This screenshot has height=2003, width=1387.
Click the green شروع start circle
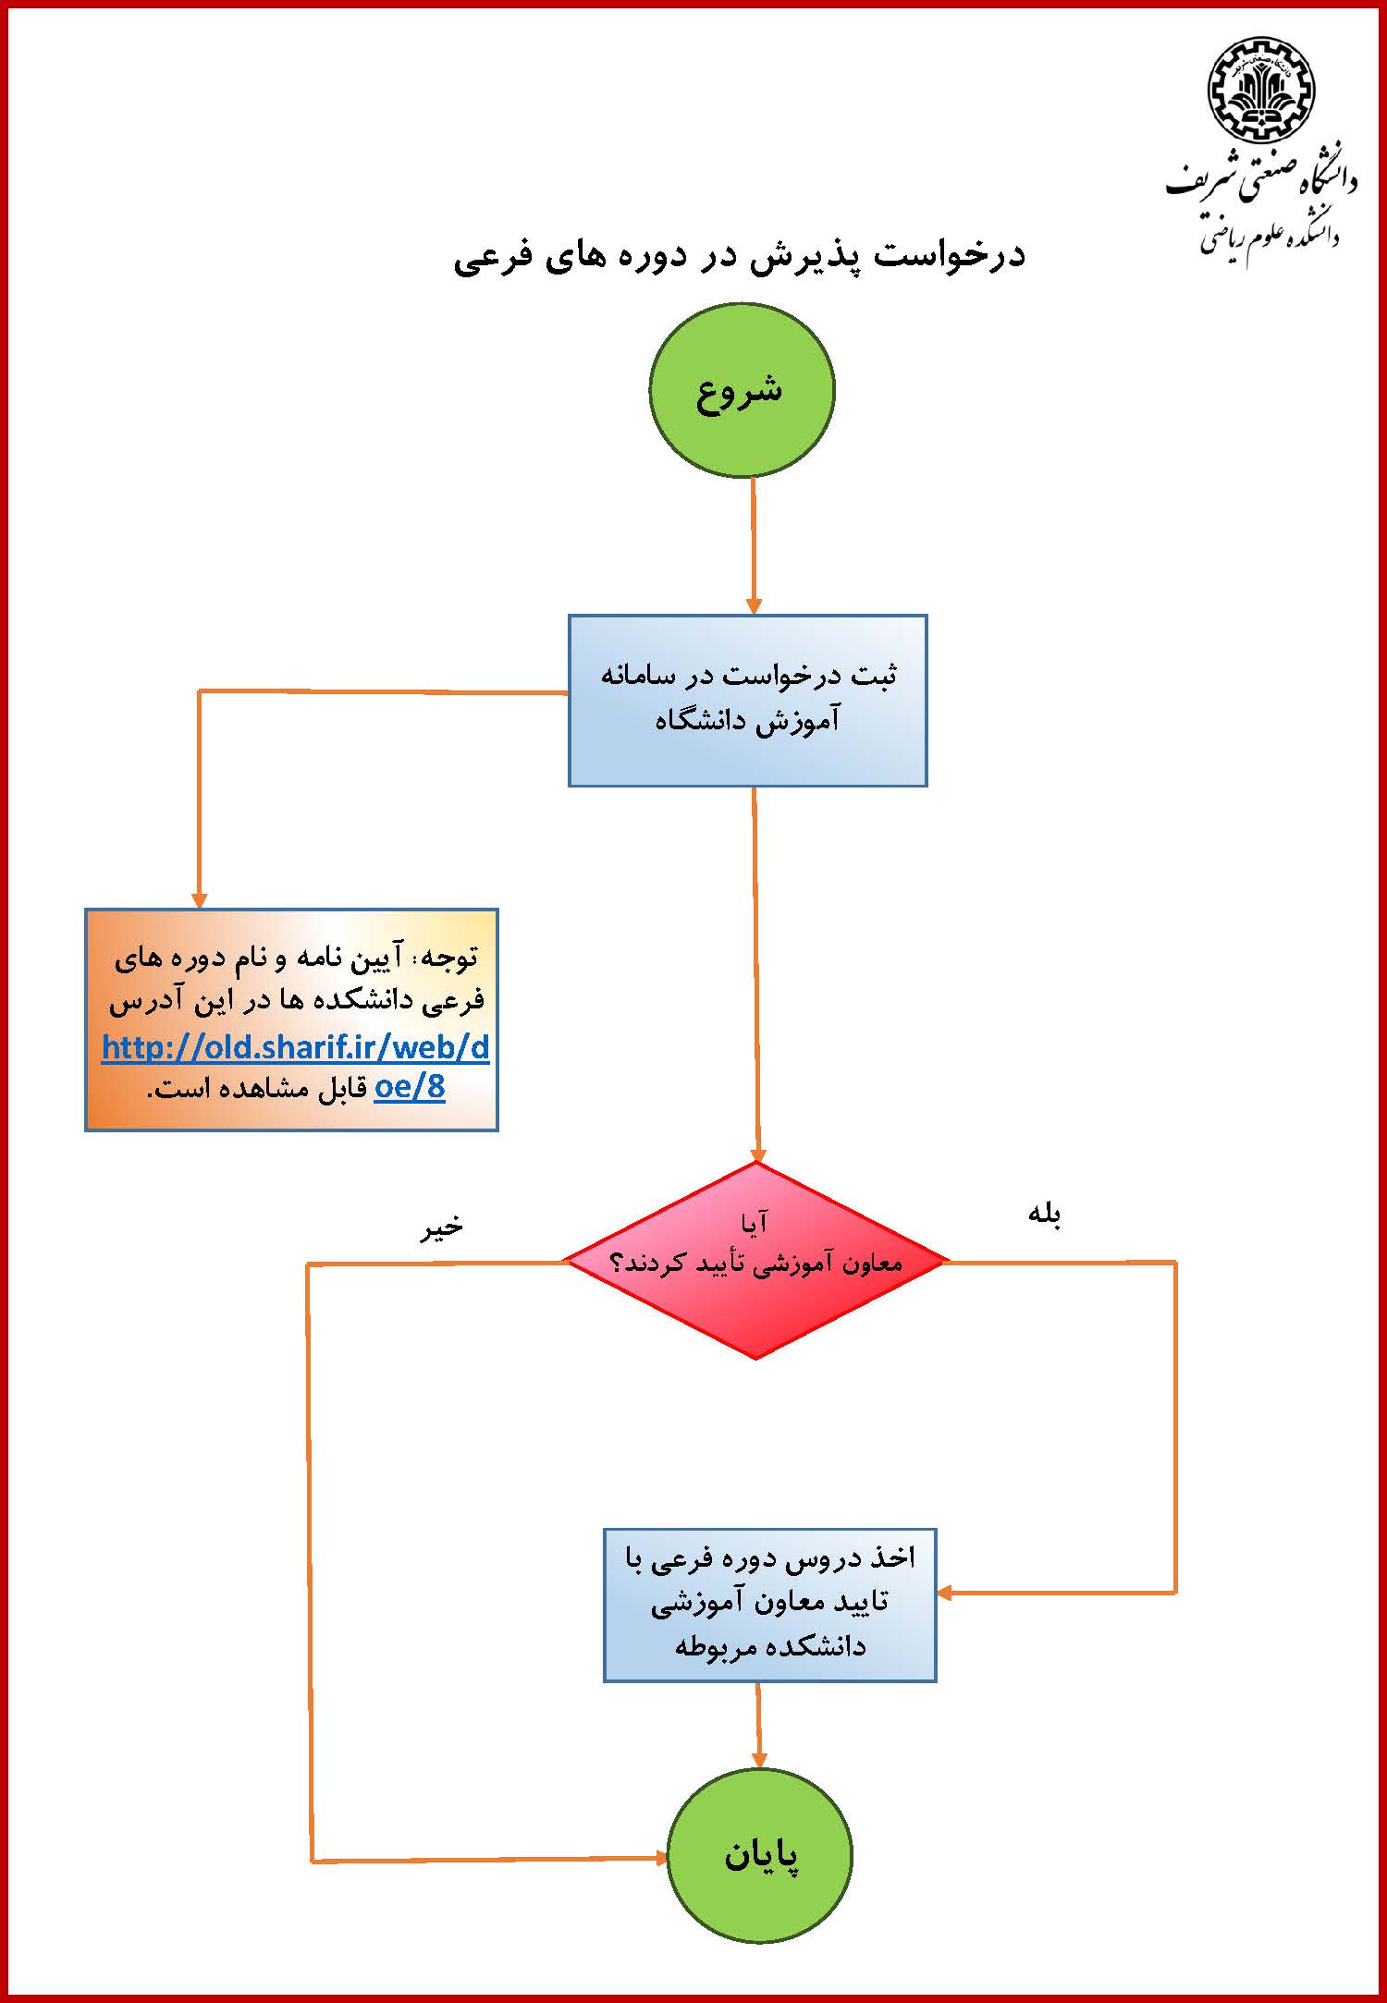click(x=742, y=390)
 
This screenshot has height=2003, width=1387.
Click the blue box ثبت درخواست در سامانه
click(x=747, y=700)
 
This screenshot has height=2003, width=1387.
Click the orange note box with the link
click(x=291, y=1020)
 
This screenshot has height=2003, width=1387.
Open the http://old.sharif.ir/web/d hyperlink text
click(x=295, y=1046)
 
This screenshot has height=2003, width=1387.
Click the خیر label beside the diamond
click(x=442, y=1227)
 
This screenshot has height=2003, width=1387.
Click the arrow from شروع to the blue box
click(x=754, y=545)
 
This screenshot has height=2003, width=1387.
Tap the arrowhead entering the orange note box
click(x=199, y=900)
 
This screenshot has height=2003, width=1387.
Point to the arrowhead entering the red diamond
click(x=758, y=1154)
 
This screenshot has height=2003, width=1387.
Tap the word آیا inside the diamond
click(x=754, y=1224)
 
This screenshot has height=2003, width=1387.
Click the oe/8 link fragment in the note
click(x=410, y=1087)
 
